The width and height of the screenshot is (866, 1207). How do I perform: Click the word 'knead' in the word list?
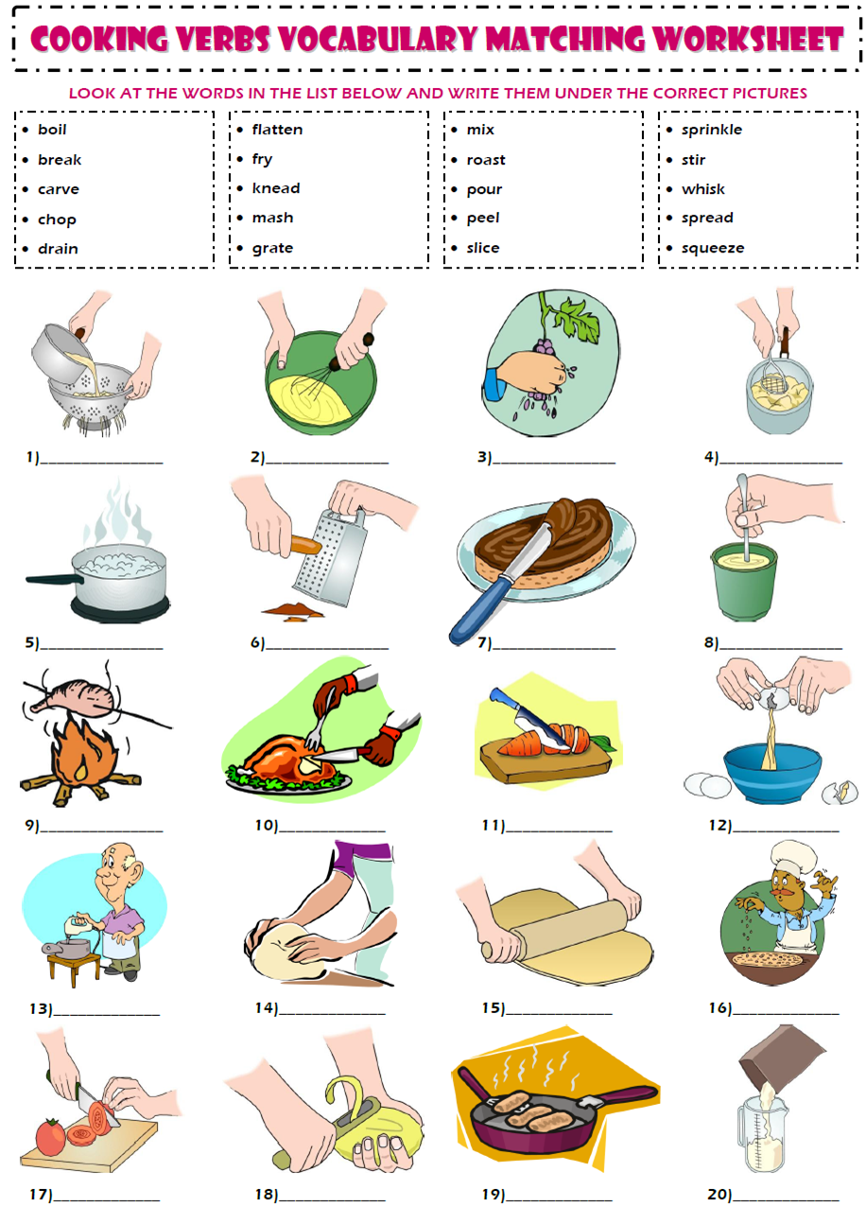coord(275,188)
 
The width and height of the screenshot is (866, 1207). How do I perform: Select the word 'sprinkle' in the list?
coord(711,130)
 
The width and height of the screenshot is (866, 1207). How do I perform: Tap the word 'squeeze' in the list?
coord(712,248)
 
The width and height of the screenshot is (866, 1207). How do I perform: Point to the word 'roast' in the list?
coord(485,160)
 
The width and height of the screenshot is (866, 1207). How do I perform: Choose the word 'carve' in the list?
coord(58,189)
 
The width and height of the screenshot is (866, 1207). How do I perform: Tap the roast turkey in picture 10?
coord(279,756)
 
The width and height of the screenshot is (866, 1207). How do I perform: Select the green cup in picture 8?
coord(742,581)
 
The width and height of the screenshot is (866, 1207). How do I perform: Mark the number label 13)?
coord(40,1009)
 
